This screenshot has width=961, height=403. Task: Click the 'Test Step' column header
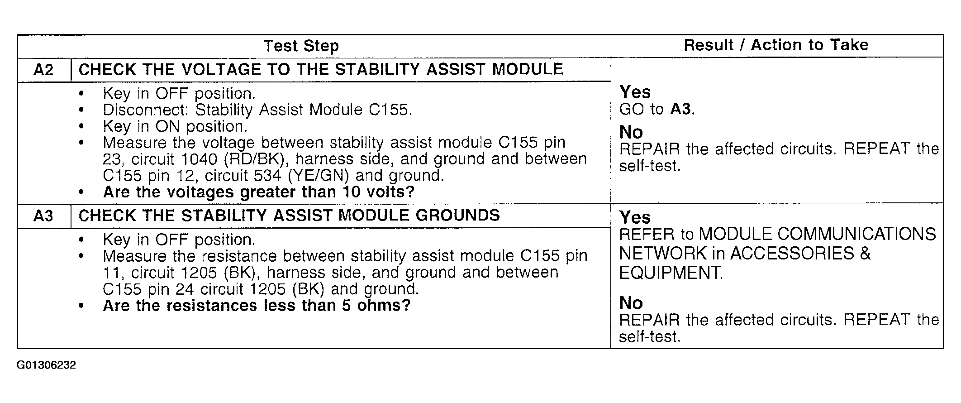[x=301, y=46]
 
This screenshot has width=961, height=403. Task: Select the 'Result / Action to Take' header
[x=776, y=45]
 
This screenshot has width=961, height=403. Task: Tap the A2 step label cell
[x=43, y=70]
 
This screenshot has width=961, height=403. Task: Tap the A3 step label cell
[x=43, y=216]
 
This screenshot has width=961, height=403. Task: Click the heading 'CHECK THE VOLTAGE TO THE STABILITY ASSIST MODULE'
[x=321, y=69]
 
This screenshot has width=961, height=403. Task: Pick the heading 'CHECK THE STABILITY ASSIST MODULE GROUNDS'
[x=289, y=215]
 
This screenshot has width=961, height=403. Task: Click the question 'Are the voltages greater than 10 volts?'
[x=259, y=192]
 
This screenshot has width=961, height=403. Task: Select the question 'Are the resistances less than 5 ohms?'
[x=257, y=306]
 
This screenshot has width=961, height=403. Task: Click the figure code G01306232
[x=47, y=365]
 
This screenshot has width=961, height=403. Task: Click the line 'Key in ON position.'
[x=175, y=126]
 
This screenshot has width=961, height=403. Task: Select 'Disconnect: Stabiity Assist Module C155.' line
[x=257, y=110]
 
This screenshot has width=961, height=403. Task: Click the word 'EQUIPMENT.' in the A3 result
[x=671, y=273]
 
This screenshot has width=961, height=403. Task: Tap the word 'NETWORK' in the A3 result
[x=663, y=254]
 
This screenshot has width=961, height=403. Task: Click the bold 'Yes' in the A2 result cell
[x=635, y=92]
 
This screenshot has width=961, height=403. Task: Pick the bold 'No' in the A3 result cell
[x=631, y=303]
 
